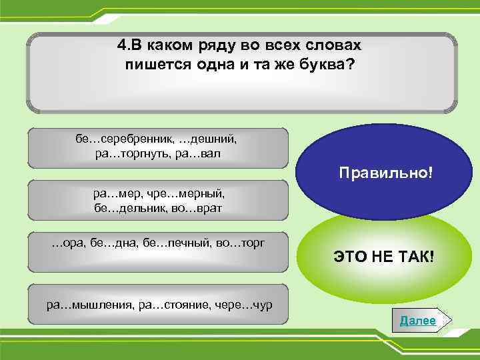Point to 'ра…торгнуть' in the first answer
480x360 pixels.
[x=128, y=153]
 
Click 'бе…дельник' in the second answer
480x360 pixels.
[x=129, y=208]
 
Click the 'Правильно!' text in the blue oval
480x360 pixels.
[x=385, y=173]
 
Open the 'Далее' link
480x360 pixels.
[x=418, y=321]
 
